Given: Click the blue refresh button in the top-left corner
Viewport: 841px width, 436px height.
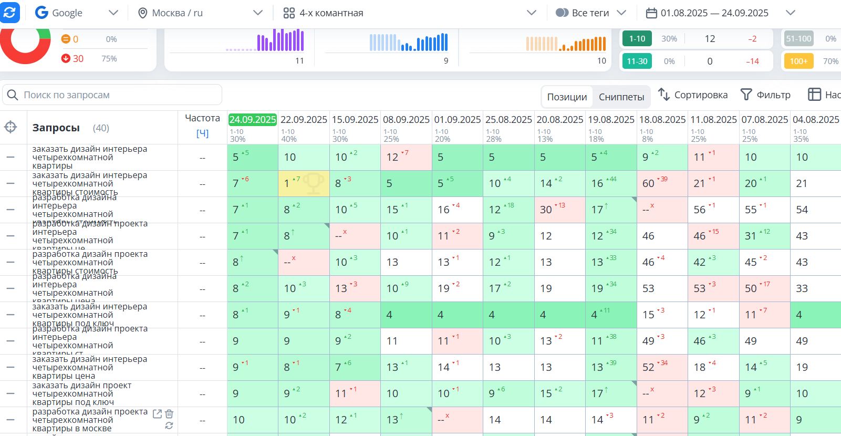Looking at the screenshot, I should click(x=9, y=13).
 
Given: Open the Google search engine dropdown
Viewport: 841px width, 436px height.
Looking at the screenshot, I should click(x=77, y=13).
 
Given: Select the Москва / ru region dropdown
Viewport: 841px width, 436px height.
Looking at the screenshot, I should click(x=200, y=13).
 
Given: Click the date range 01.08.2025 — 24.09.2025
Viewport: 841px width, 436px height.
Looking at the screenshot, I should click(x=714, y=13).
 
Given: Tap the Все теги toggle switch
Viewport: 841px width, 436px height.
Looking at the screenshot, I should click(x=562, y=13).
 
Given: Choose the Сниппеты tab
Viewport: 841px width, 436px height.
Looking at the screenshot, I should click(x=621, y=97).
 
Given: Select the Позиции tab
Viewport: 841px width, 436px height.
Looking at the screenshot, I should click(x=567, y=97).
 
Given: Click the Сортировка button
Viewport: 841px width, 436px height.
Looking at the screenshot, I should click(x=693, y=95).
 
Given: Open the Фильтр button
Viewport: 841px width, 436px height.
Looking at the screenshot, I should click(x=765, y=95).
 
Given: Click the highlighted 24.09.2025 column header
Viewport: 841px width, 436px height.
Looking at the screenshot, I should click(x=253, y=120).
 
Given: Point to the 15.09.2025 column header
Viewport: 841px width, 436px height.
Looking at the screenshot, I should click(x=355, y=120).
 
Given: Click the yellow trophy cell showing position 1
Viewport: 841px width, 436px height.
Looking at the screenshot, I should click(x=304, y=183).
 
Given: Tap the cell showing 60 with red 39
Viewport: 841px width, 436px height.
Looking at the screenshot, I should click(x=661, y=183).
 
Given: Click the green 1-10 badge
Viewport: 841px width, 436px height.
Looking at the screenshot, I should click(x=637, y=39).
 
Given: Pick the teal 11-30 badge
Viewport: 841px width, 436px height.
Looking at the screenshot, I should click(x=637, y=61).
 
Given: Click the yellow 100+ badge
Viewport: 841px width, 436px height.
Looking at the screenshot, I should click(x=798, y=61).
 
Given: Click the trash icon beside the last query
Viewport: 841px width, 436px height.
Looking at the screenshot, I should click(x=169, y=414).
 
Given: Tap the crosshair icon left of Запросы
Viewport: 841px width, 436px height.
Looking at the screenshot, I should click(x=11, y=127).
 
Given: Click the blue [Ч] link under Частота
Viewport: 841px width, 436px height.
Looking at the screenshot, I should click(x=202, y=133).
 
